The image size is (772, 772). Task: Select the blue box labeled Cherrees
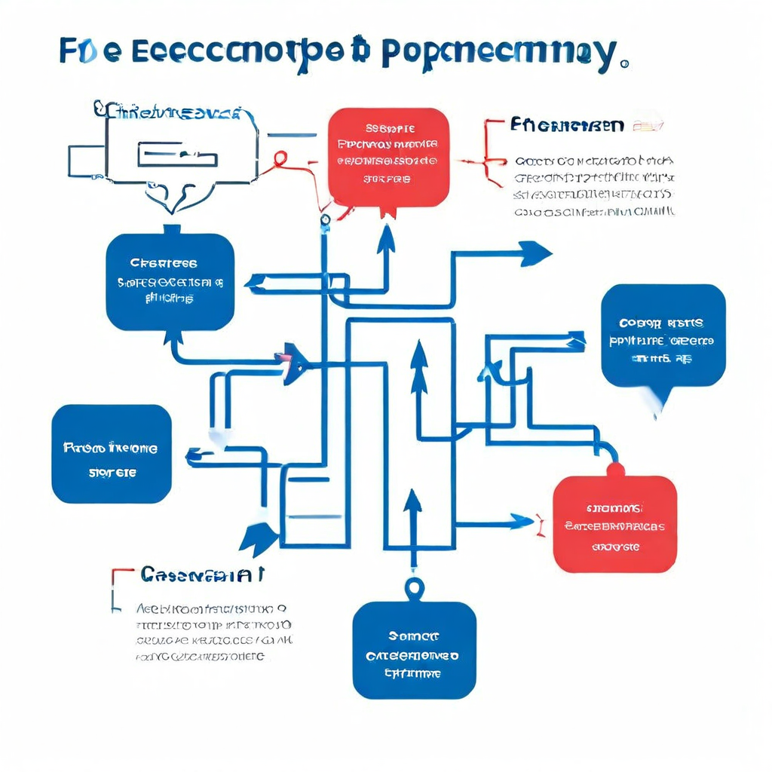point(170,281)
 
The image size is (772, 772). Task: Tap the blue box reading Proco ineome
point(112,454)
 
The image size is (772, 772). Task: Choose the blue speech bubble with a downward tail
point(663,336)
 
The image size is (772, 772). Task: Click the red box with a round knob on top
point(614,523)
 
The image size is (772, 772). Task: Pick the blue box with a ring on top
point(414,649)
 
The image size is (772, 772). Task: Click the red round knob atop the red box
point(615,469)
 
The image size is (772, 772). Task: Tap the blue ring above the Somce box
point(414,587)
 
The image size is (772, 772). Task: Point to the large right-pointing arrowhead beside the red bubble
point(534,253)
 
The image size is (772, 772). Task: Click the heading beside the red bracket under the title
point(566,124)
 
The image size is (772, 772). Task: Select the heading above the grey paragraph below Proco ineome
point(202,575)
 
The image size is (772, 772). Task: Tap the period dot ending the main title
point(623,66)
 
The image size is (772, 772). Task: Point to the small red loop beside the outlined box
point(280,158)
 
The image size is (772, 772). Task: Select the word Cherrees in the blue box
point(164,264)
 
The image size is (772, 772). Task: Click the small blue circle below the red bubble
point(325,220)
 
